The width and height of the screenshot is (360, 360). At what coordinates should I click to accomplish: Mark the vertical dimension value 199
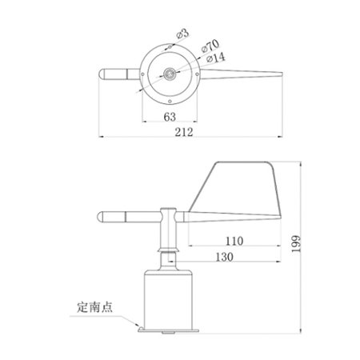pos(297,245)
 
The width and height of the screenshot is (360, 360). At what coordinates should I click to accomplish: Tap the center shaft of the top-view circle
pos(169,74)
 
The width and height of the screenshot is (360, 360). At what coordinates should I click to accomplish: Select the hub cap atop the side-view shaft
pos(169,210)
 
